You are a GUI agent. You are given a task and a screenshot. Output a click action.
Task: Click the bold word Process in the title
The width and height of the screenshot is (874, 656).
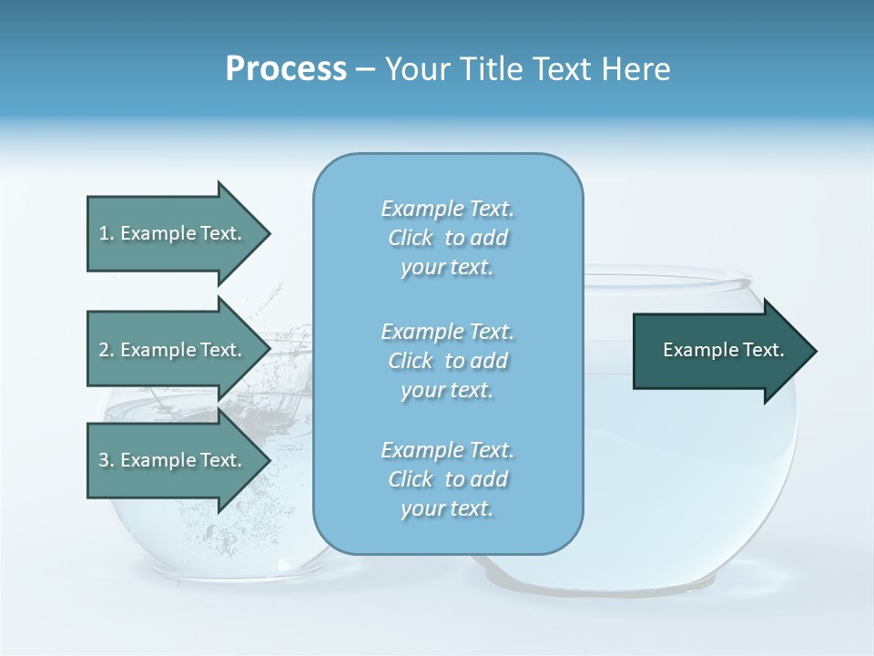tap(286, 69)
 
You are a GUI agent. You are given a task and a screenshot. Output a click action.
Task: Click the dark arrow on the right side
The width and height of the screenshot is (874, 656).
tap(719, 351)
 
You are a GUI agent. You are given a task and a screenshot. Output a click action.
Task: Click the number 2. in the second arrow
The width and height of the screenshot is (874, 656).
tap(107, 350)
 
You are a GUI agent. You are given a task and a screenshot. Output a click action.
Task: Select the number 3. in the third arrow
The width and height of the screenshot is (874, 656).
tap(107, 460)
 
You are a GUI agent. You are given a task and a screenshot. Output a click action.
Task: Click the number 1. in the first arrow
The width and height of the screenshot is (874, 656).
tap(107, 233)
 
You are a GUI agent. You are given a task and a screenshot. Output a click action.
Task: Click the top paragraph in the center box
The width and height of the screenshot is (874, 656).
tap(447, 238)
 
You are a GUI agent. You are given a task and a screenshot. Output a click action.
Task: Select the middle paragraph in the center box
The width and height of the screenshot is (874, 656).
tap(447, 361)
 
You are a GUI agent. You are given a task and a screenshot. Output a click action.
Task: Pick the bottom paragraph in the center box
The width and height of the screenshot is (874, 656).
tap(447, 479)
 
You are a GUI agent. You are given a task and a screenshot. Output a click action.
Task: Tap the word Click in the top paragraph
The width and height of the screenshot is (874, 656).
tap(411, 238)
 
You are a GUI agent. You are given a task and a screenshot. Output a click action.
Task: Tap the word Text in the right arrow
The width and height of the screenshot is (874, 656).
tap(763, 350)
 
